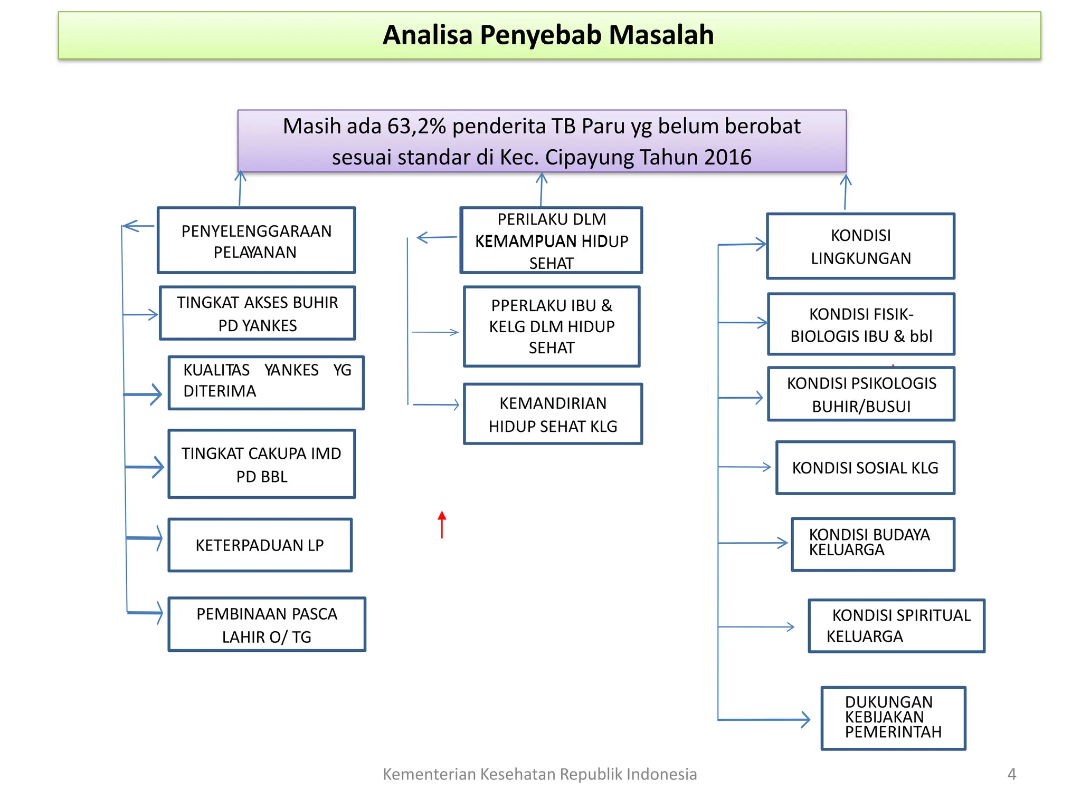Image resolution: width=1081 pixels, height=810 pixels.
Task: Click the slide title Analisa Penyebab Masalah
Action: (x=548, y=35)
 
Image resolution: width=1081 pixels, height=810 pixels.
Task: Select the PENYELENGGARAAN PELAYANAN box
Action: (x=257, y=240)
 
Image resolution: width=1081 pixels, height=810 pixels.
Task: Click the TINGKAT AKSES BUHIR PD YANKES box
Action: (x=258, y=313)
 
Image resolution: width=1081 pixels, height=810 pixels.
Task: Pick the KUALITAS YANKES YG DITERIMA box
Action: (x=266, y=382)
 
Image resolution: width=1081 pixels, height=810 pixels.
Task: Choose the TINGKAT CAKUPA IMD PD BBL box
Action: (x=262, y=464)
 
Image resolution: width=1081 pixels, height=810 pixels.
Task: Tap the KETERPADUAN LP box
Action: (x=260, y=545)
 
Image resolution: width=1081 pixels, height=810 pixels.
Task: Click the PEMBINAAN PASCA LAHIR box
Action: (x=267, y=624)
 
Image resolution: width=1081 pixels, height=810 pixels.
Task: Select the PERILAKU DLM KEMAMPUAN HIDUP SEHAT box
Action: (x=551, y=240)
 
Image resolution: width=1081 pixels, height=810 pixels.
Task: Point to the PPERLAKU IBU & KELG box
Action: (x=552, y=326)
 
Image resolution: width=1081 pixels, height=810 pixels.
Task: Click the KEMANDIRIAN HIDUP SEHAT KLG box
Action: (x=553, y=414)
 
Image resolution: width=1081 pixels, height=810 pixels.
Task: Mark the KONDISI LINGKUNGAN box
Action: (x=860, y=246)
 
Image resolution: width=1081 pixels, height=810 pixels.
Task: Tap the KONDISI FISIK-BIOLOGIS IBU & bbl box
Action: (x=861, y=324)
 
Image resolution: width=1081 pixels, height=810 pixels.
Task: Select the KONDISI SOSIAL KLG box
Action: (x=865, y=468)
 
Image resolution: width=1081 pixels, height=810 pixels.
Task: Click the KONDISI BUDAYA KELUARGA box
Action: (x=873, y=544)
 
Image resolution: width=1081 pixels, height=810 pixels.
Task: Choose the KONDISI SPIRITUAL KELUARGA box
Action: (x=896, y=626)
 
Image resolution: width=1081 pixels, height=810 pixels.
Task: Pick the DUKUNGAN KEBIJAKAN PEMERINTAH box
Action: (x=893, y=718)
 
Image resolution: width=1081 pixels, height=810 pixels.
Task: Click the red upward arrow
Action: (x=442, y=525)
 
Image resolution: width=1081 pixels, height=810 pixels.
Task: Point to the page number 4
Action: (x=1011, y=774)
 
